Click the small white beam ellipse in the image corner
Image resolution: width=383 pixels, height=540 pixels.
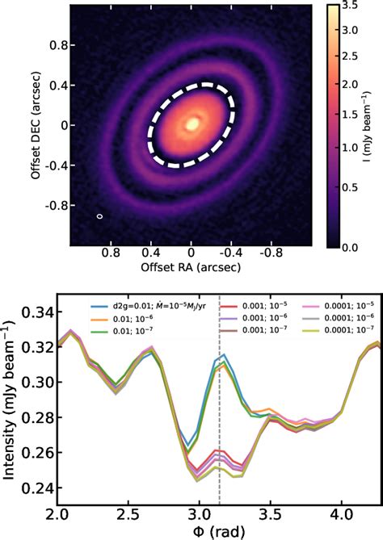99,216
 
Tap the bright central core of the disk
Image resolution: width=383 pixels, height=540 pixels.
192,124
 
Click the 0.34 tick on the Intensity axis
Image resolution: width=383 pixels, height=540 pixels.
40,312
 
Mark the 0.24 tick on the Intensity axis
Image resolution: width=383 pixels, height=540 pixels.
40,488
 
